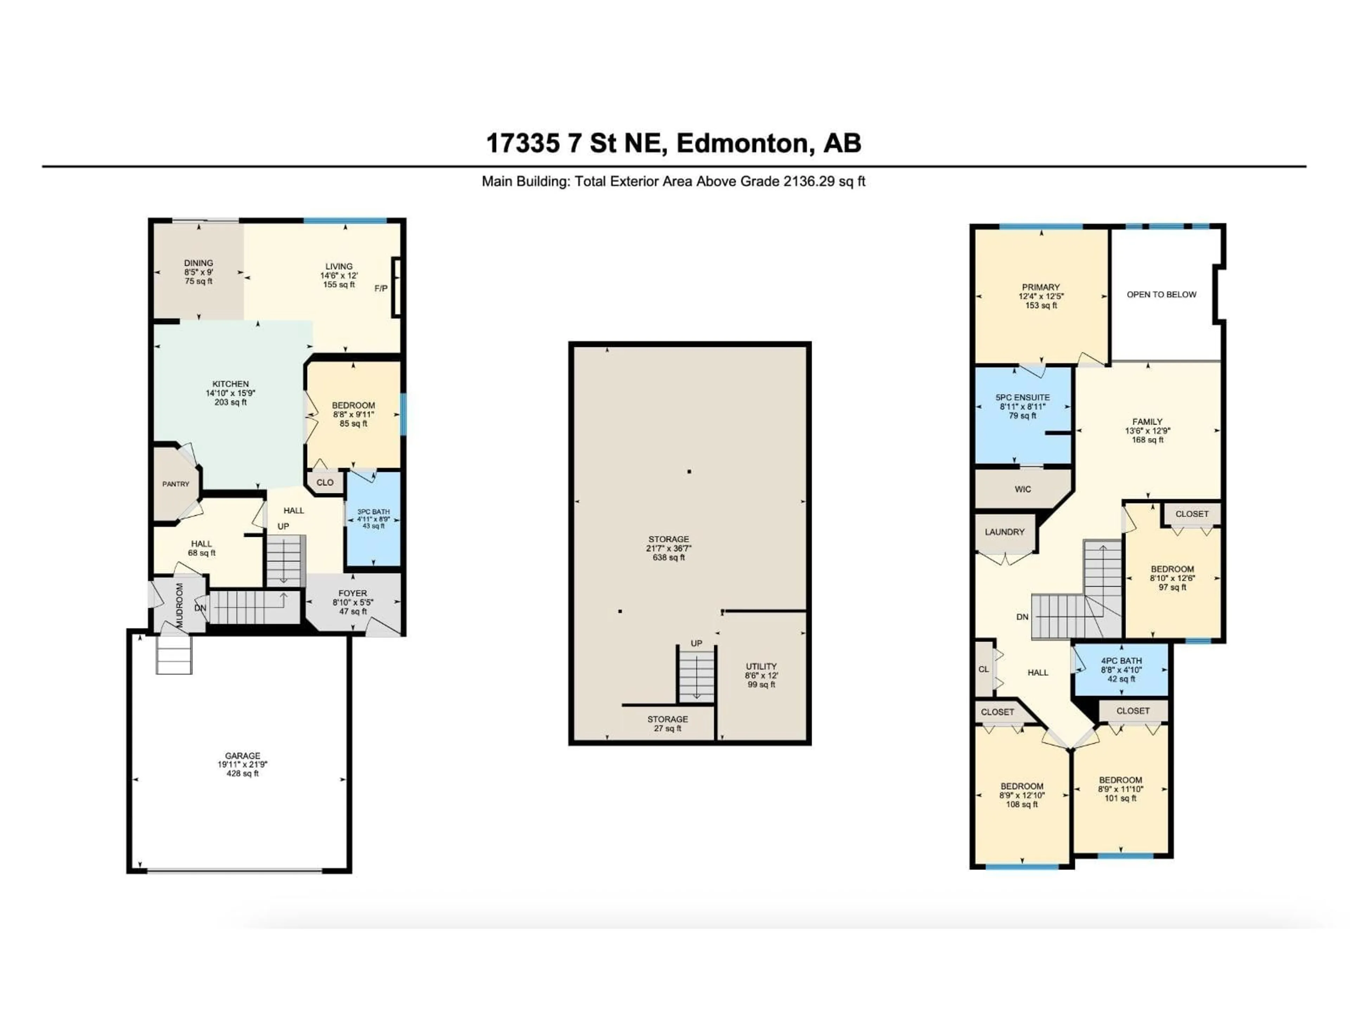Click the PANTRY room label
[x=176, y=484]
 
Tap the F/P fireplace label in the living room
[x=381, y=288]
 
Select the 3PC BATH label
[x=373, y=512]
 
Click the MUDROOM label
[x=179, y=605]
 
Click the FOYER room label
[x=353, y=593]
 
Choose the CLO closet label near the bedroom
[x=325, y=482]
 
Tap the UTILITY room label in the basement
[x=761, y=666]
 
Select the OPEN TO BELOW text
[x=1162, y=294]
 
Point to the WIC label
[x=1023, y=489]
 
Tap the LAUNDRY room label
[x=1004, y=532]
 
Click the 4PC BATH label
[x=1121, y=661]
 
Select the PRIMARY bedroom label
[x=1041, y=287]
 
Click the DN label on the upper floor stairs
[x=1022, y=617]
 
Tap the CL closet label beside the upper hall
[x=983, y=669]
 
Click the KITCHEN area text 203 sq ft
[x=231, y=402]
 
